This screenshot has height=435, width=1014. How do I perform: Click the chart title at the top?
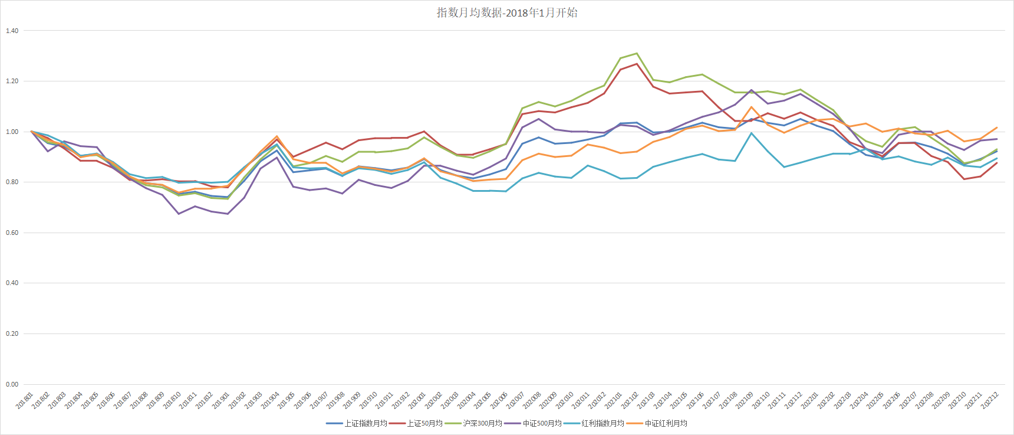[507, 12]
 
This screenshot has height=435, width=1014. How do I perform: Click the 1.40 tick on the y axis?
[12, 31]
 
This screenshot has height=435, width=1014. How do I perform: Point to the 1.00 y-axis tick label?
[12, 132]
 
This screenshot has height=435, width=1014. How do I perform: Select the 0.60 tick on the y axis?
[12, 233]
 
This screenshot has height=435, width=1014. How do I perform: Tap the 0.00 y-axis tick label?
[12, 384]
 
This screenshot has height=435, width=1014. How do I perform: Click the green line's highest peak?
[637, 53]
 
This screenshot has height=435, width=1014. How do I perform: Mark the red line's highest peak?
[637, 64]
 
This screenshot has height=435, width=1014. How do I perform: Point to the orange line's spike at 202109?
[751, 107]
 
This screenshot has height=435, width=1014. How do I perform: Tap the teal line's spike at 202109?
[751, 133]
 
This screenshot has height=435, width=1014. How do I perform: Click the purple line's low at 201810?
[179, 214]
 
